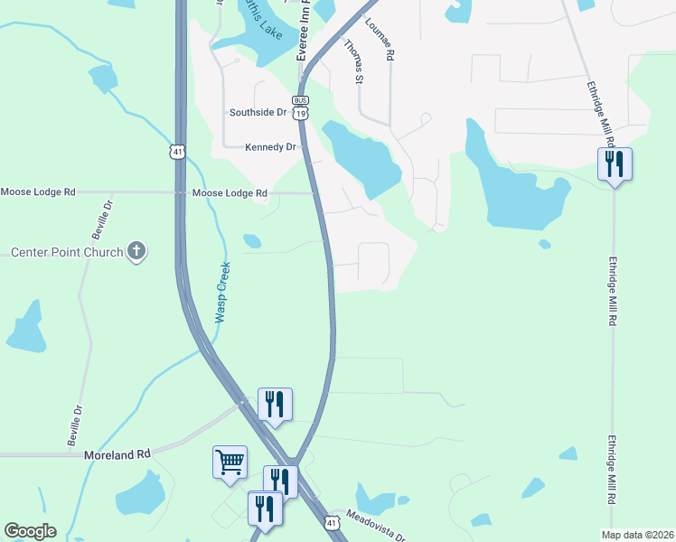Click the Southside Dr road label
(x=258, y=113)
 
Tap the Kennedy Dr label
(x=271, y=146)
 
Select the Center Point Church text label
(x=67, y=252)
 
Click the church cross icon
(x=136, y=251)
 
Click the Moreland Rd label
(x=117, y=455)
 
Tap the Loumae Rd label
(x=390, y=42)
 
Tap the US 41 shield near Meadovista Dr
(x=333, y=523)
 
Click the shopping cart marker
(x=230, y=462)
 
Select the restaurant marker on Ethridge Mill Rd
(x=615, y=164)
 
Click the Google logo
(x=30, y=531)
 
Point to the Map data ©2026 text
(x=638, y=535)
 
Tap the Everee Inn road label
(x=305, y=31)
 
